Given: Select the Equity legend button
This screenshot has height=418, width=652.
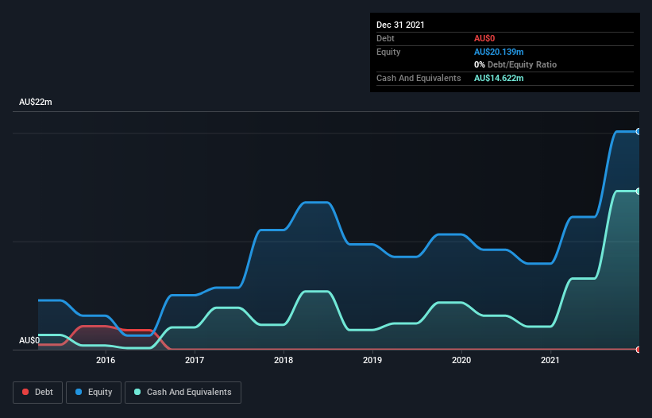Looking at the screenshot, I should tap(95, 392).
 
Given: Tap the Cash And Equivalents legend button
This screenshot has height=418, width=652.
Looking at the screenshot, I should tap(183, 392).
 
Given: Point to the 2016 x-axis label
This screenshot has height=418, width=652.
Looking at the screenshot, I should tap(106, 361).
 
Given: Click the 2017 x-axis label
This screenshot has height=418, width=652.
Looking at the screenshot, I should tap(195, 361).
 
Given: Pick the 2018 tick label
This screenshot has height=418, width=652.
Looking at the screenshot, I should tap(284, 361).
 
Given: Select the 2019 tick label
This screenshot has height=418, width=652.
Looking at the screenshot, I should tap(372, 361).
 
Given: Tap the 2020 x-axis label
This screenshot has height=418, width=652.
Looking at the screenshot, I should tap(461, 361).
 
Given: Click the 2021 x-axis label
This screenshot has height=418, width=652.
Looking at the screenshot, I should tap(550, 361).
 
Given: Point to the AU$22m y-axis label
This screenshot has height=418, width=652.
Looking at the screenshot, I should tap(36, 103).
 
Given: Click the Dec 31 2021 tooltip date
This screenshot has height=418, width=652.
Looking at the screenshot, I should tap(400, 25).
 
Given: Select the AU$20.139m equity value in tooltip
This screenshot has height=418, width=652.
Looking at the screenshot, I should tap(499, 52).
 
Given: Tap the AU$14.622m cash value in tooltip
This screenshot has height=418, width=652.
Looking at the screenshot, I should tap(499, 78).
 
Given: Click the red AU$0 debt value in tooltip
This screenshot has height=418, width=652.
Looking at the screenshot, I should tap(484, 38).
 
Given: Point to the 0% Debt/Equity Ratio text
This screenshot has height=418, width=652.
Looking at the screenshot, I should tap(515, 64).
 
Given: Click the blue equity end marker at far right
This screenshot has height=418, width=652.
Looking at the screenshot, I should tap(638, 131).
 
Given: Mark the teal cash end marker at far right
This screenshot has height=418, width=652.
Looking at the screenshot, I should tap(638, 191).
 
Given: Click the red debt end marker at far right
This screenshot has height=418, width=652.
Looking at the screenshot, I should tap(638, 349).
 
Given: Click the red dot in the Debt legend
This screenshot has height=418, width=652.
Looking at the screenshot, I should tap(25, 392).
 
